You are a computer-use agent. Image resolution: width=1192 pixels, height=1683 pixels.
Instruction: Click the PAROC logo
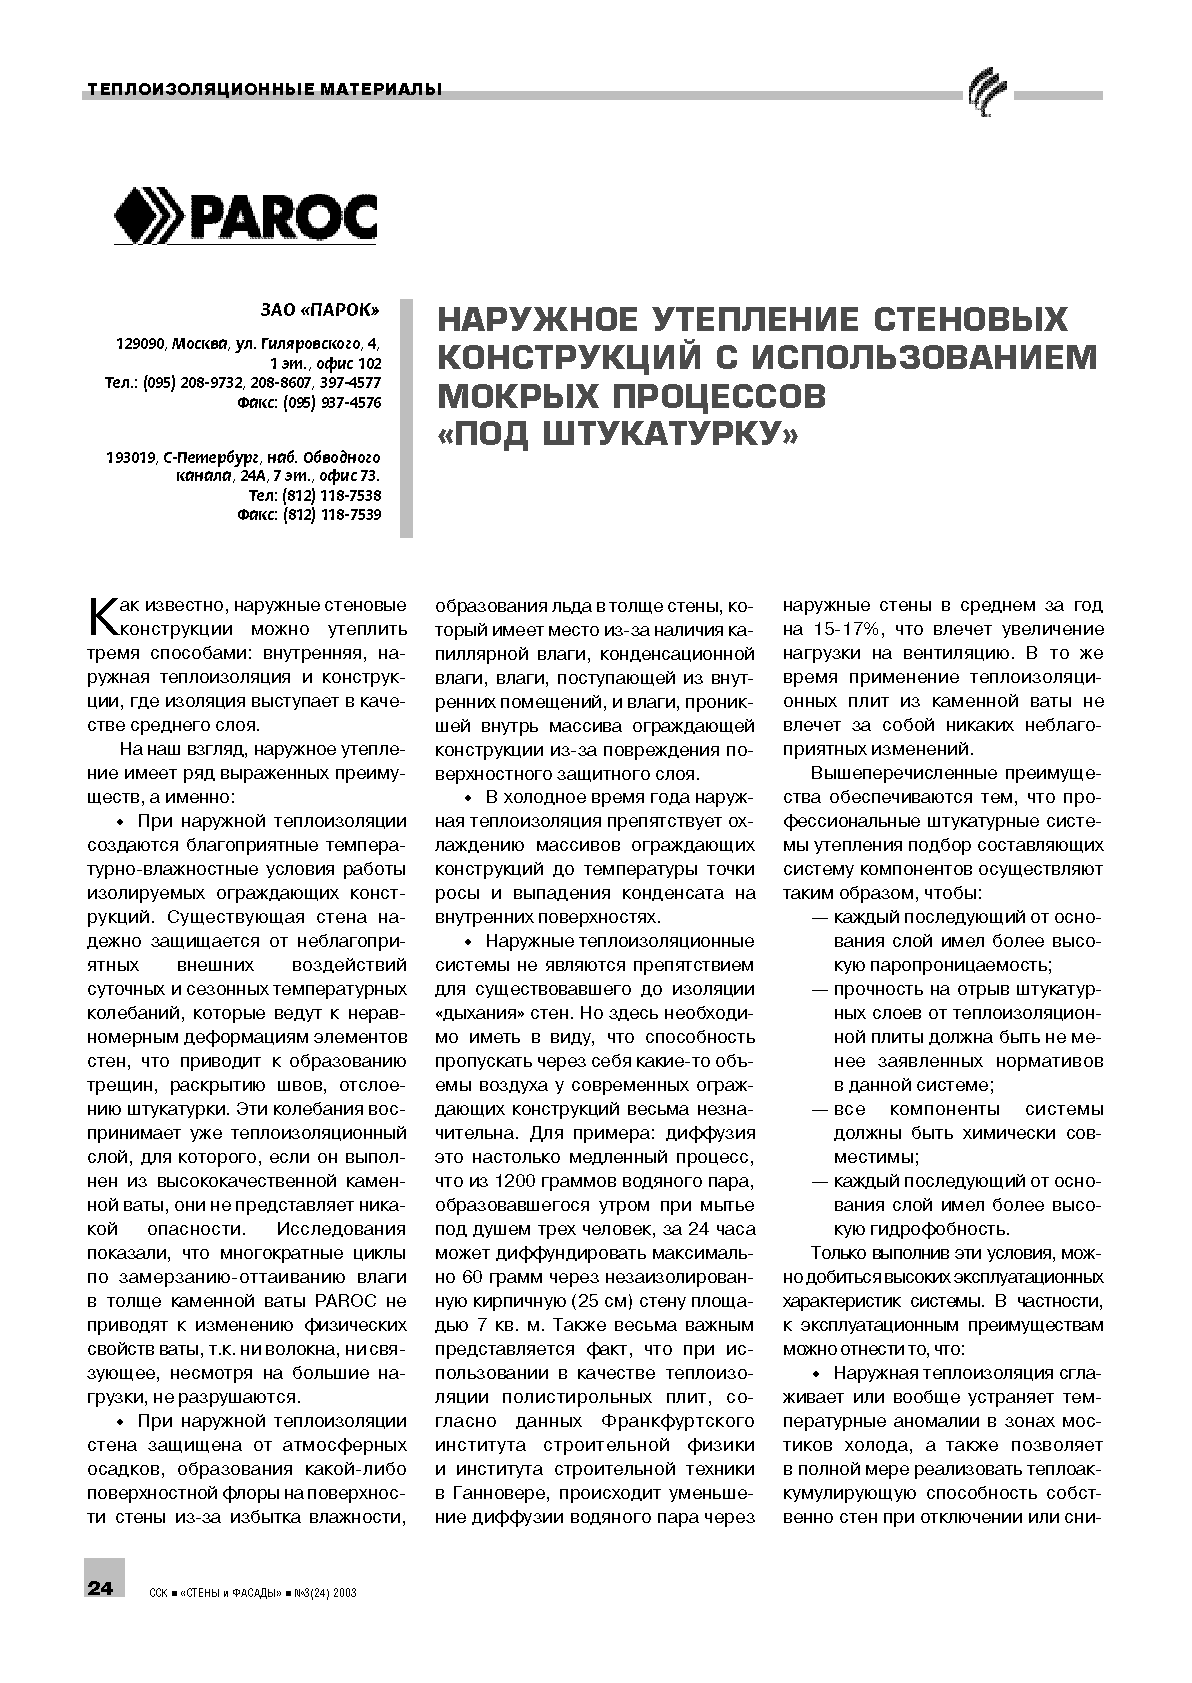pos(246,216)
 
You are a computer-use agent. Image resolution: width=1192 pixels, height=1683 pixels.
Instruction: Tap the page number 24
pos(100,1589)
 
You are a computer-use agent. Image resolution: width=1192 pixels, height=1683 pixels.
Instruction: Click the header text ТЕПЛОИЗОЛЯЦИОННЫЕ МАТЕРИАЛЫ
pos(264,90)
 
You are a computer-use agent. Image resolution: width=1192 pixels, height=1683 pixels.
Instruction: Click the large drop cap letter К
pos(103,616)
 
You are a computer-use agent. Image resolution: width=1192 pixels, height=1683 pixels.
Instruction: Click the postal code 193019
pos(130,458)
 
